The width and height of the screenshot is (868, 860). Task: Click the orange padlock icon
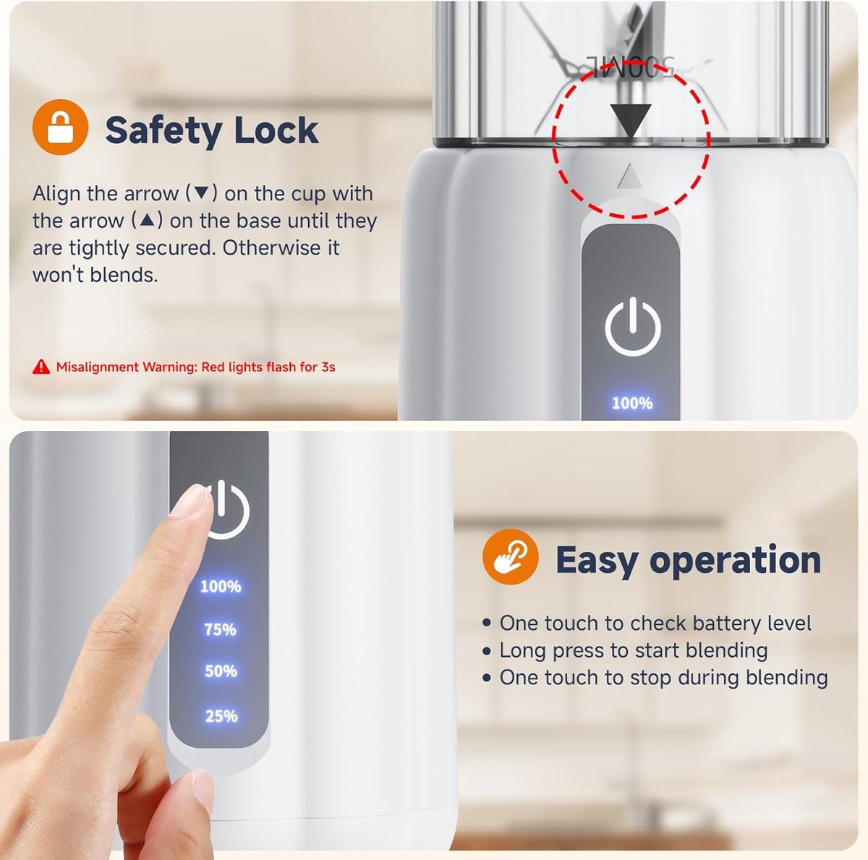(x=60, y=127)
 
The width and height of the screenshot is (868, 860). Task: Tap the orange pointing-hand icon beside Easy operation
(x=510, y=557)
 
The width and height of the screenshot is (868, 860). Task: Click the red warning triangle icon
(x=41, y=367)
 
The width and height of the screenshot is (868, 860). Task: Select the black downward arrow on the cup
(x=631, y=120)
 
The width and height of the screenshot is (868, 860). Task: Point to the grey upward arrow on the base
(x=631, y=176)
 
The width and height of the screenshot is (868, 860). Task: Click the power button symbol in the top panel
(x=632, y=326)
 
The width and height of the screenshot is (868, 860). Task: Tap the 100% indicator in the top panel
(x=632, y=403)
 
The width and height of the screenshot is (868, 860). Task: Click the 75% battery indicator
(x=220, y=629)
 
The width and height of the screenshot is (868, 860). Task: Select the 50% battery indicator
(x=221, y=671)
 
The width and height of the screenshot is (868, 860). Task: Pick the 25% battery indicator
(x=221, y=716)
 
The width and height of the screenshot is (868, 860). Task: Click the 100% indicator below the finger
(x=221, y=587)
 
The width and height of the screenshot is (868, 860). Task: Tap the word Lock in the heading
(x=276, y=129)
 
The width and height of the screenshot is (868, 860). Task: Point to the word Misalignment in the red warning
(x=98, y=367)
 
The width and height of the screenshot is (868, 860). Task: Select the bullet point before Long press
(x=487, y=652)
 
